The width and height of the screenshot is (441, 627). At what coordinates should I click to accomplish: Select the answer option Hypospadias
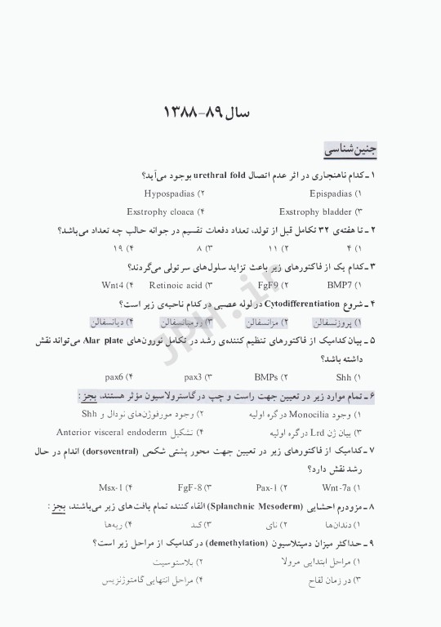169,194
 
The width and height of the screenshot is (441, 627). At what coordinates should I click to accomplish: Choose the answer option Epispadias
331,194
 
